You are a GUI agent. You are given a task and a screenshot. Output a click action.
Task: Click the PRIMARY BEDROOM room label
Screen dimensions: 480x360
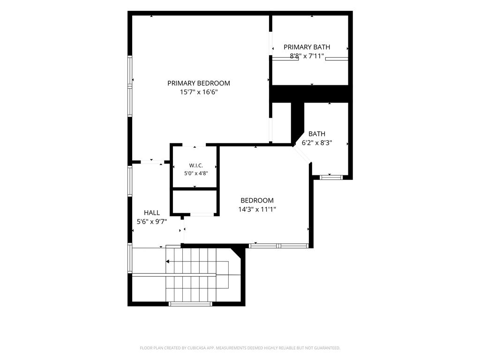click(199, 83)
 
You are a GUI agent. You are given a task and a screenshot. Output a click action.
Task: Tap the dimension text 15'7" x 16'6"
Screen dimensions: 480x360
click(199, 92)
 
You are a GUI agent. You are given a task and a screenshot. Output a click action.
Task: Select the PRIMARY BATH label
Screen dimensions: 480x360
click(307, 47)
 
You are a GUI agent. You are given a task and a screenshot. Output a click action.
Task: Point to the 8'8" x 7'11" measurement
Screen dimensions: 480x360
click(307, 56)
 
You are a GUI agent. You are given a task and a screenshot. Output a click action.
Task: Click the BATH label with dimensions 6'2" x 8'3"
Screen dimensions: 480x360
click(317, 134)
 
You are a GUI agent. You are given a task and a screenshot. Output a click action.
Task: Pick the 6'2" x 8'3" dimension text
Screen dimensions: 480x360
click(317, 142)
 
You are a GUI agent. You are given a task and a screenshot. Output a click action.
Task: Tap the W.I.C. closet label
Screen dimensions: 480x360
click(196, 165)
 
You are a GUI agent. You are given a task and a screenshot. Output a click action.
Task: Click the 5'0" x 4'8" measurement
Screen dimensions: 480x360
click(196, 173)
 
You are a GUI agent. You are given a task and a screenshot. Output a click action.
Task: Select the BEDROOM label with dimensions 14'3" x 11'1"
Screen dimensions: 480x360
click(257, 201)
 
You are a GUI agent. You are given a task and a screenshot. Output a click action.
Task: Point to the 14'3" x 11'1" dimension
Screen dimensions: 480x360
click(257, 210)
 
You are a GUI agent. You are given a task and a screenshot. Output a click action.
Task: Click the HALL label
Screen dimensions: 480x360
click(152, 213)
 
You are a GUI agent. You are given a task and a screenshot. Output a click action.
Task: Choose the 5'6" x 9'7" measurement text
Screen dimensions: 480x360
click(152, 222)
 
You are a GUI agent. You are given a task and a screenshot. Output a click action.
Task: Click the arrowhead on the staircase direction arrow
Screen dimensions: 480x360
click(168, 262)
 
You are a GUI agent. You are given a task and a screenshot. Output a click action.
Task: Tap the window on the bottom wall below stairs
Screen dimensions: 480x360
click(190, 304)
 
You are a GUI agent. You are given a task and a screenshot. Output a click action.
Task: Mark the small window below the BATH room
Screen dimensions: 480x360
click(331, 177)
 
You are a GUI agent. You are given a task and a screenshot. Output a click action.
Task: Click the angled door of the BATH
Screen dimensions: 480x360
click(302, 154)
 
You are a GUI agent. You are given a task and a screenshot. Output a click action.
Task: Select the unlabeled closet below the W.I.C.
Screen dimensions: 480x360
click(195, 202)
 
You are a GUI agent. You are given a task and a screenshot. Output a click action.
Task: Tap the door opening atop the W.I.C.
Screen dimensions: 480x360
click(195, 145)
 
